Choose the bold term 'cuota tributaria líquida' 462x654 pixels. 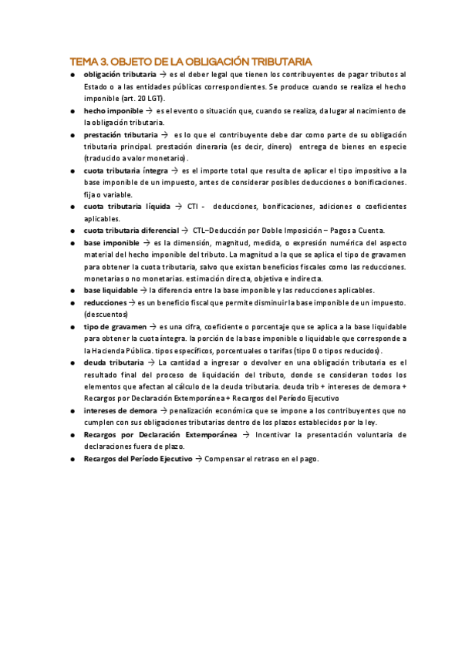[126, 207]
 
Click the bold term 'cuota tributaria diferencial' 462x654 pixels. [130, 231]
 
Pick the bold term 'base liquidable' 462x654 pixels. [113, 290]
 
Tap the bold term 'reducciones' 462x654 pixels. [105, 302]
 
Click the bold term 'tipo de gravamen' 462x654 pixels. [116, 326]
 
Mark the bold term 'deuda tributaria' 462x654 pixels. [113, 362]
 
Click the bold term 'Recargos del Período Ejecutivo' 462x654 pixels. [137, 459]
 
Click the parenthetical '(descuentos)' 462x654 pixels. [106, 314]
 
